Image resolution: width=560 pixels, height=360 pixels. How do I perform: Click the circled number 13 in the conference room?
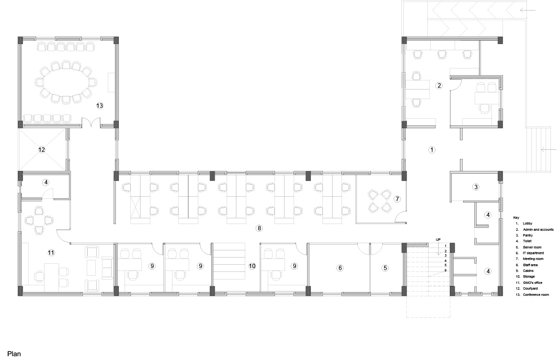click(x=100, y=105)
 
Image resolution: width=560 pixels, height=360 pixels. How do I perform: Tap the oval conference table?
click(x=66, y=82)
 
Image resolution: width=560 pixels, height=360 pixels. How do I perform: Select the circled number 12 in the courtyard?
click(x=42, y=149)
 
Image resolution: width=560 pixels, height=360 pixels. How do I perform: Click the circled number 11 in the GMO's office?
click(x=51, y=253)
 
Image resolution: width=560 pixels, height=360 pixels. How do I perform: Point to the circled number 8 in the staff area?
click(x=259, y=228)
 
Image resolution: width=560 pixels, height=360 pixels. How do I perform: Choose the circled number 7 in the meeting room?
click(x=397, y=199)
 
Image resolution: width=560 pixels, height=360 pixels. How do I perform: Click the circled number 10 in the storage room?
click(x=252, y=266)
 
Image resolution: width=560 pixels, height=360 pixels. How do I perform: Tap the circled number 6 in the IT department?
click(x=340, y=268)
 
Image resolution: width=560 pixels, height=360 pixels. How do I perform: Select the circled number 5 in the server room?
click(x=385, y=268)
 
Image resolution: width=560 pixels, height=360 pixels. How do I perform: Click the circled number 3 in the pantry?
click(x=476, y=187)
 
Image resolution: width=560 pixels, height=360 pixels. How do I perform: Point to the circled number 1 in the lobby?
click(x=432, y=150)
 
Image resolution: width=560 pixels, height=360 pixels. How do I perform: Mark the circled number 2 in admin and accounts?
click(x=439, y=85)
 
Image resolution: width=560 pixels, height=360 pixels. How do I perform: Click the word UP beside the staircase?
click(x=438, y=239)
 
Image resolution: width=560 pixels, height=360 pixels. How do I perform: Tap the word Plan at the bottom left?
click(x=14, y=354)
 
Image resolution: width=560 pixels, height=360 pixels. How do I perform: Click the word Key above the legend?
click(x=516, y=218)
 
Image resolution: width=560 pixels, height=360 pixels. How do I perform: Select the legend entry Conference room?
click(x=536, y=295)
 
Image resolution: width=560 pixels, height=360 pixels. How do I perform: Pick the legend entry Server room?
click(x=532, y=247)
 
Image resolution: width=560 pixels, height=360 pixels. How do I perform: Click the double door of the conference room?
click(x=91, y=123)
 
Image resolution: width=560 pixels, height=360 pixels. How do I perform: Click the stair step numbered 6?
click(x=446, y=270)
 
